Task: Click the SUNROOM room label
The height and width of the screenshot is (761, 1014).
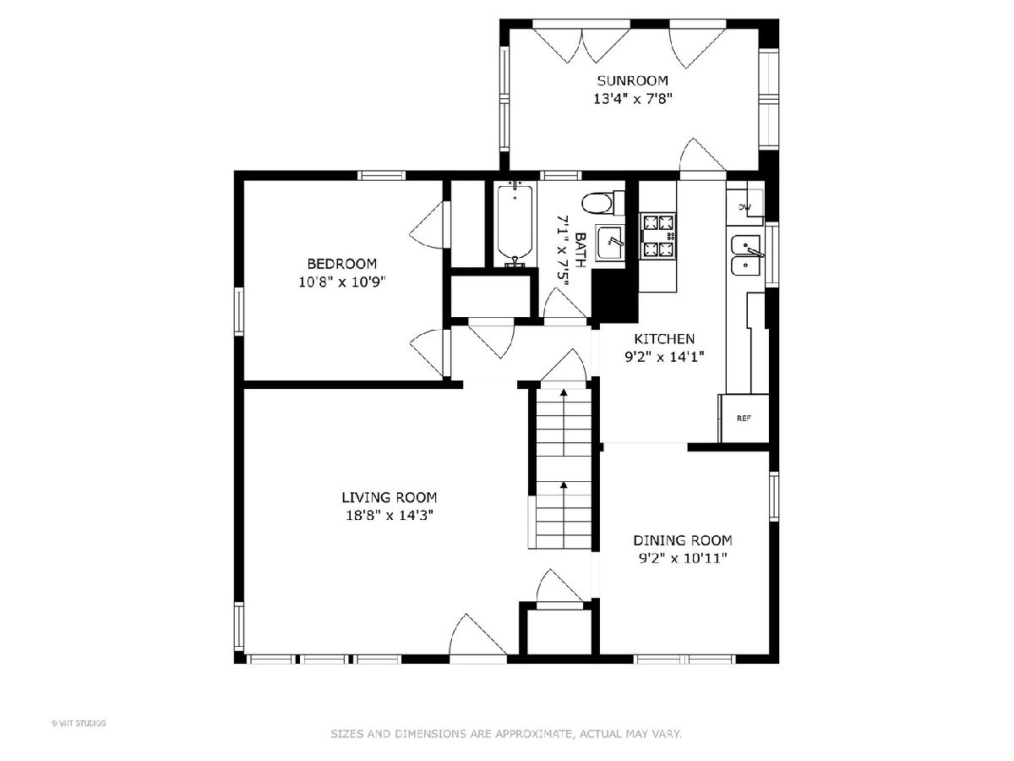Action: pos(632,81)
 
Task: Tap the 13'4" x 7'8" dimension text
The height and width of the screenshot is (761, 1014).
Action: pos(632,99)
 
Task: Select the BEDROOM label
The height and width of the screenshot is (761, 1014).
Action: pos(342,264)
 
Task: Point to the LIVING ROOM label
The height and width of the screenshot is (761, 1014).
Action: pos(389,498)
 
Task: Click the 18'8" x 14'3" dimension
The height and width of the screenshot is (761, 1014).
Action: pos(390,515)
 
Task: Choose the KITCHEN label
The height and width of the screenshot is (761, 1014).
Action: pos(664,339)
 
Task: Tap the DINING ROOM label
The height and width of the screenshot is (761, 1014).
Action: pos(683,540)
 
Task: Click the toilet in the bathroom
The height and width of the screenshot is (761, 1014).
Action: pos(602,203)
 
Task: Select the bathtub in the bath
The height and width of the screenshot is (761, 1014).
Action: pos(515,225)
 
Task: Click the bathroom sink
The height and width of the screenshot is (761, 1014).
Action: pos(610,244)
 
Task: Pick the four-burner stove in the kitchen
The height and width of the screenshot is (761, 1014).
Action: pos(657,236)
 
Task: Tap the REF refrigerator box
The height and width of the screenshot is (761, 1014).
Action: pos(744,419)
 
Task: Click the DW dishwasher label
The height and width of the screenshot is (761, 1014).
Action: pos(744,207)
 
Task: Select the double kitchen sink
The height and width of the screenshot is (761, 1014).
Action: pos(745,255)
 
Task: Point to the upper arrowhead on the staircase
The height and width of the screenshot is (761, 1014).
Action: pos(564,392)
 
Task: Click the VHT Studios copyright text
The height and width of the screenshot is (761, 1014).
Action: pos(79,723)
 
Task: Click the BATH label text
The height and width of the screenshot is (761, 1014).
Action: pos(581,250)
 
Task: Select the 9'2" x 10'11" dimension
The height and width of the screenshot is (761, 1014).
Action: pos(683,559)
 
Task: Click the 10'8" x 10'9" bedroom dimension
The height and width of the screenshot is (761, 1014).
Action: pos(342,282)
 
